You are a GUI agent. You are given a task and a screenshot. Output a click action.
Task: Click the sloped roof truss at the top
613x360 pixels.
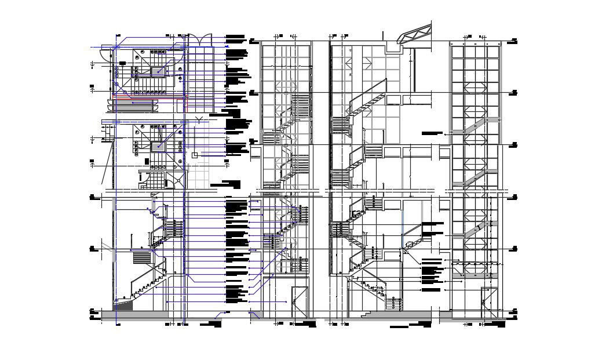pos(415,34)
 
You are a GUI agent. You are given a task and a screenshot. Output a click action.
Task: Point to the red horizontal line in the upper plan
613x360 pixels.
pos(151,98)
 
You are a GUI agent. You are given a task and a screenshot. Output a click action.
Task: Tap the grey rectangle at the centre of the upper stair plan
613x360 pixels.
pos(158,71)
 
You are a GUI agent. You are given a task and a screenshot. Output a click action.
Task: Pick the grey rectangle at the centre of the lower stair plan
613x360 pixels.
pos(158,146)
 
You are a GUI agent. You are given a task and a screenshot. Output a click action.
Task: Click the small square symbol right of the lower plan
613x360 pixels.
pos(195,155)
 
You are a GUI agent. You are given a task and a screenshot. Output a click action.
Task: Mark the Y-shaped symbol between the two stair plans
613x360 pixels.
pos(199,120)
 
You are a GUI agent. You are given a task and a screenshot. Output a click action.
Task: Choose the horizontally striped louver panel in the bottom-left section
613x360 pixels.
pos(141,257)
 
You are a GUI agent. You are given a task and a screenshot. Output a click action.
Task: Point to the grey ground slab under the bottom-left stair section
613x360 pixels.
pos(135,317)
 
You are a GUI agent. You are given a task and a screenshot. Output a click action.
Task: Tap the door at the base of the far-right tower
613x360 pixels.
pos(487,301)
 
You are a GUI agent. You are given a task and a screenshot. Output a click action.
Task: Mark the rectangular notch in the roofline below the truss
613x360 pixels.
pos(393,48)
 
